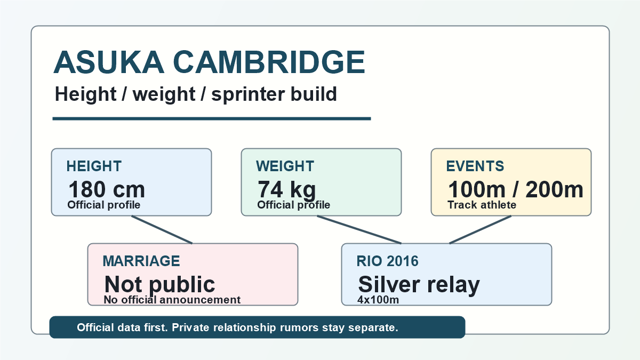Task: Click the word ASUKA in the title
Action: [x=109, y=62]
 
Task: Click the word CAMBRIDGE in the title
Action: [x=269, y=62]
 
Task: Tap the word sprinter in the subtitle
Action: [x=248, y=94]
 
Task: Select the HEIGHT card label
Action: [x=94, y=166]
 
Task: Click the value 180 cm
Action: [x=107, y=189]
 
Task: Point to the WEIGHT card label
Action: [x=285, y=166]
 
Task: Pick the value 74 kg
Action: [x=287, y=190]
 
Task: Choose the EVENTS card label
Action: [x=475, y=166]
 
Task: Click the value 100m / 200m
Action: [x=515, y=189]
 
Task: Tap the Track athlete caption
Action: [x=482, y=205]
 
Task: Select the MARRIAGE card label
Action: [x=141, y=261]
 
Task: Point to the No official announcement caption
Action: [x=172, y=300]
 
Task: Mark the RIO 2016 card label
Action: [x=387, y=261]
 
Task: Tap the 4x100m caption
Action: [x=378, y=300]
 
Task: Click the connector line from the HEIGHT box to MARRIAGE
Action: [x=162, y=230]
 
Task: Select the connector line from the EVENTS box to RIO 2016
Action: [x=481, y=230]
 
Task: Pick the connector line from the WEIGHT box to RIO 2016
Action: [x=359, y=230]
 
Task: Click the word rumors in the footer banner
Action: [x=299, y=327]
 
